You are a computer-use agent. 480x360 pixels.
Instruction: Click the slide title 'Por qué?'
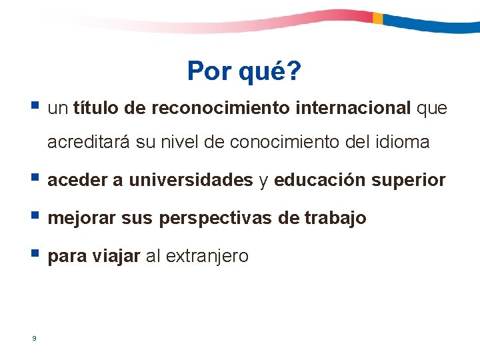244,71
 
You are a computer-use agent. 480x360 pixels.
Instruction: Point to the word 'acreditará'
89,143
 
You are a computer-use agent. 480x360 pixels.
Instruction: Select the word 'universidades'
191,180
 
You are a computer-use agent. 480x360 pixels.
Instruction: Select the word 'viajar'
119,256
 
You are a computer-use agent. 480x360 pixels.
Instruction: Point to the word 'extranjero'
206,256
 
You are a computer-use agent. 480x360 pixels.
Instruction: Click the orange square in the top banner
377,18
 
